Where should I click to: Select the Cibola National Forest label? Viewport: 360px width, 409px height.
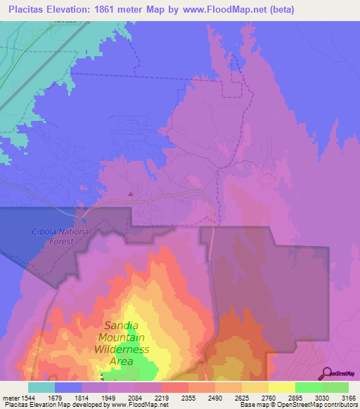61,236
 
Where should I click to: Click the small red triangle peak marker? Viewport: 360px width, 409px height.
131,195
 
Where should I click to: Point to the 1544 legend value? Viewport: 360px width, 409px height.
27,397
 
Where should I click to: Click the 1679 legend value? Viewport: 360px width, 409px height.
54,397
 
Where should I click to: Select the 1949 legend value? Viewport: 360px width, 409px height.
108,397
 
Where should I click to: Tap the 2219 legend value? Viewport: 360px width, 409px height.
162,397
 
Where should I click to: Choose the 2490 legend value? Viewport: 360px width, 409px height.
215,397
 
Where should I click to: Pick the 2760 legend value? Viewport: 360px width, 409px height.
268,397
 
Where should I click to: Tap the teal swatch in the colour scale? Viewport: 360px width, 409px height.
41,387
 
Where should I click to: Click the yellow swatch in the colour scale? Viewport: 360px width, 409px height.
281,387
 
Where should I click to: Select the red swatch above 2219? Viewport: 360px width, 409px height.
174,387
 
